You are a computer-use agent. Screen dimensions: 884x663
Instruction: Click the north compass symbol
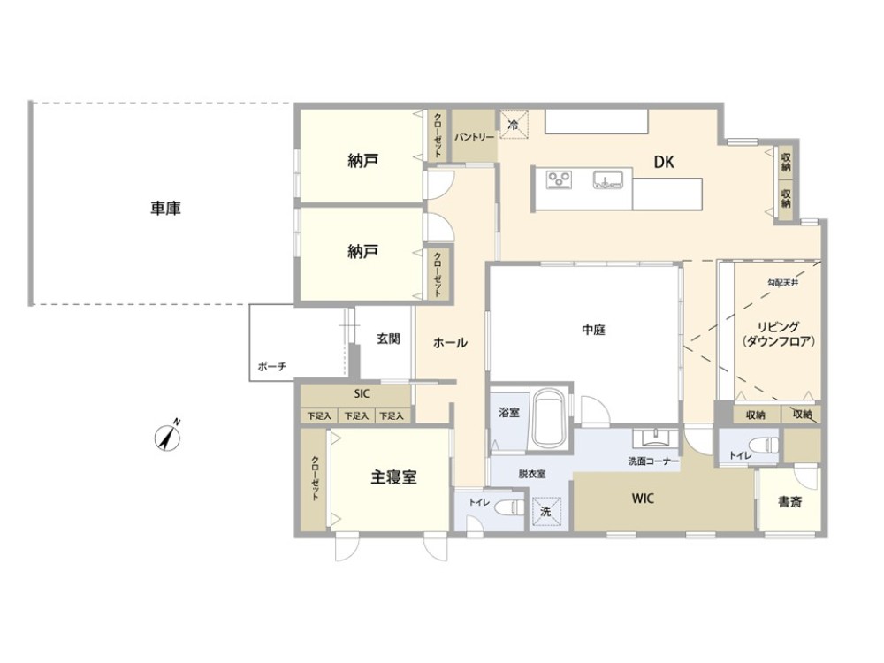[x=167, y=438]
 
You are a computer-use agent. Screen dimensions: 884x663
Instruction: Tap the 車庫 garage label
[x=165, y=209]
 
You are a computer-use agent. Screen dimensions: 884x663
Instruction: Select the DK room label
[x=664, y=163]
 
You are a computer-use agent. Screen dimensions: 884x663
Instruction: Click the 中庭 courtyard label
[x=593, y=330]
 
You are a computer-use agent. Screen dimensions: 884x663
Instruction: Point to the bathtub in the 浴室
[x=549, y=418]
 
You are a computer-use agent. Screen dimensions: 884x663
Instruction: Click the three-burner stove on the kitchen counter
[x=559, y=179]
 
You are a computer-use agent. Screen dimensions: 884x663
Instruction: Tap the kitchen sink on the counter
[x=607, y=179]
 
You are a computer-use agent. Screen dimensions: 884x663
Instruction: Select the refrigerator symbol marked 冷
[x=514, y=124]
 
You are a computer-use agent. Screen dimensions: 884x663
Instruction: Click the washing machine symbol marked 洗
[x=545, y=511]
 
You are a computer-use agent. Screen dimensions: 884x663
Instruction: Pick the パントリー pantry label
[x=474, y=137]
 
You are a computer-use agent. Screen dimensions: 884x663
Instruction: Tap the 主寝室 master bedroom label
[x=393, y=477]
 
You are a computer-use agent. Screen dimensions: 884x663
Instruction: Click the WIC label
[x=643, y=499]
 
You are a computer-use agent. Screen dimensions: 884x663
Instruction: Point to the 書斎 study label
[x=789, y=502]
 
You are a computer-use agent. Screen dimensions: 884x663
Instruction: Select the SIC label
[x=362, y=394]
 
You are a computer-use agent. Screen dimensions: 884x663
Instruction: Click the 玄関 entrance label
[x=388, y=339]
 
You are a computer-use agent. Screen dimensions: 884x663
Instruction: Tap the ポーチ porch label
[x=271, y=367]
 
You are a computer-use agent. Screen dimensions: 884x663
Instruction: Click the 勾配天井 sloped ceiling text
[x=782, y=283]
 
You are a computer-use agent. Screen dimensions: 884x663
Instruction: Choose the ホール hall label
[x=450, y=342]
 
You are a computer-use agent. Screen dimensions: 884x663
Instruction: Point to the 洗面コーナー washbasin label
[x=654, y=461]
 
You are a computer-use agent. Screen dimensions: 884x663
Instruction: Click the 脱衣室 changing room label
[x=531, y=474]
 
